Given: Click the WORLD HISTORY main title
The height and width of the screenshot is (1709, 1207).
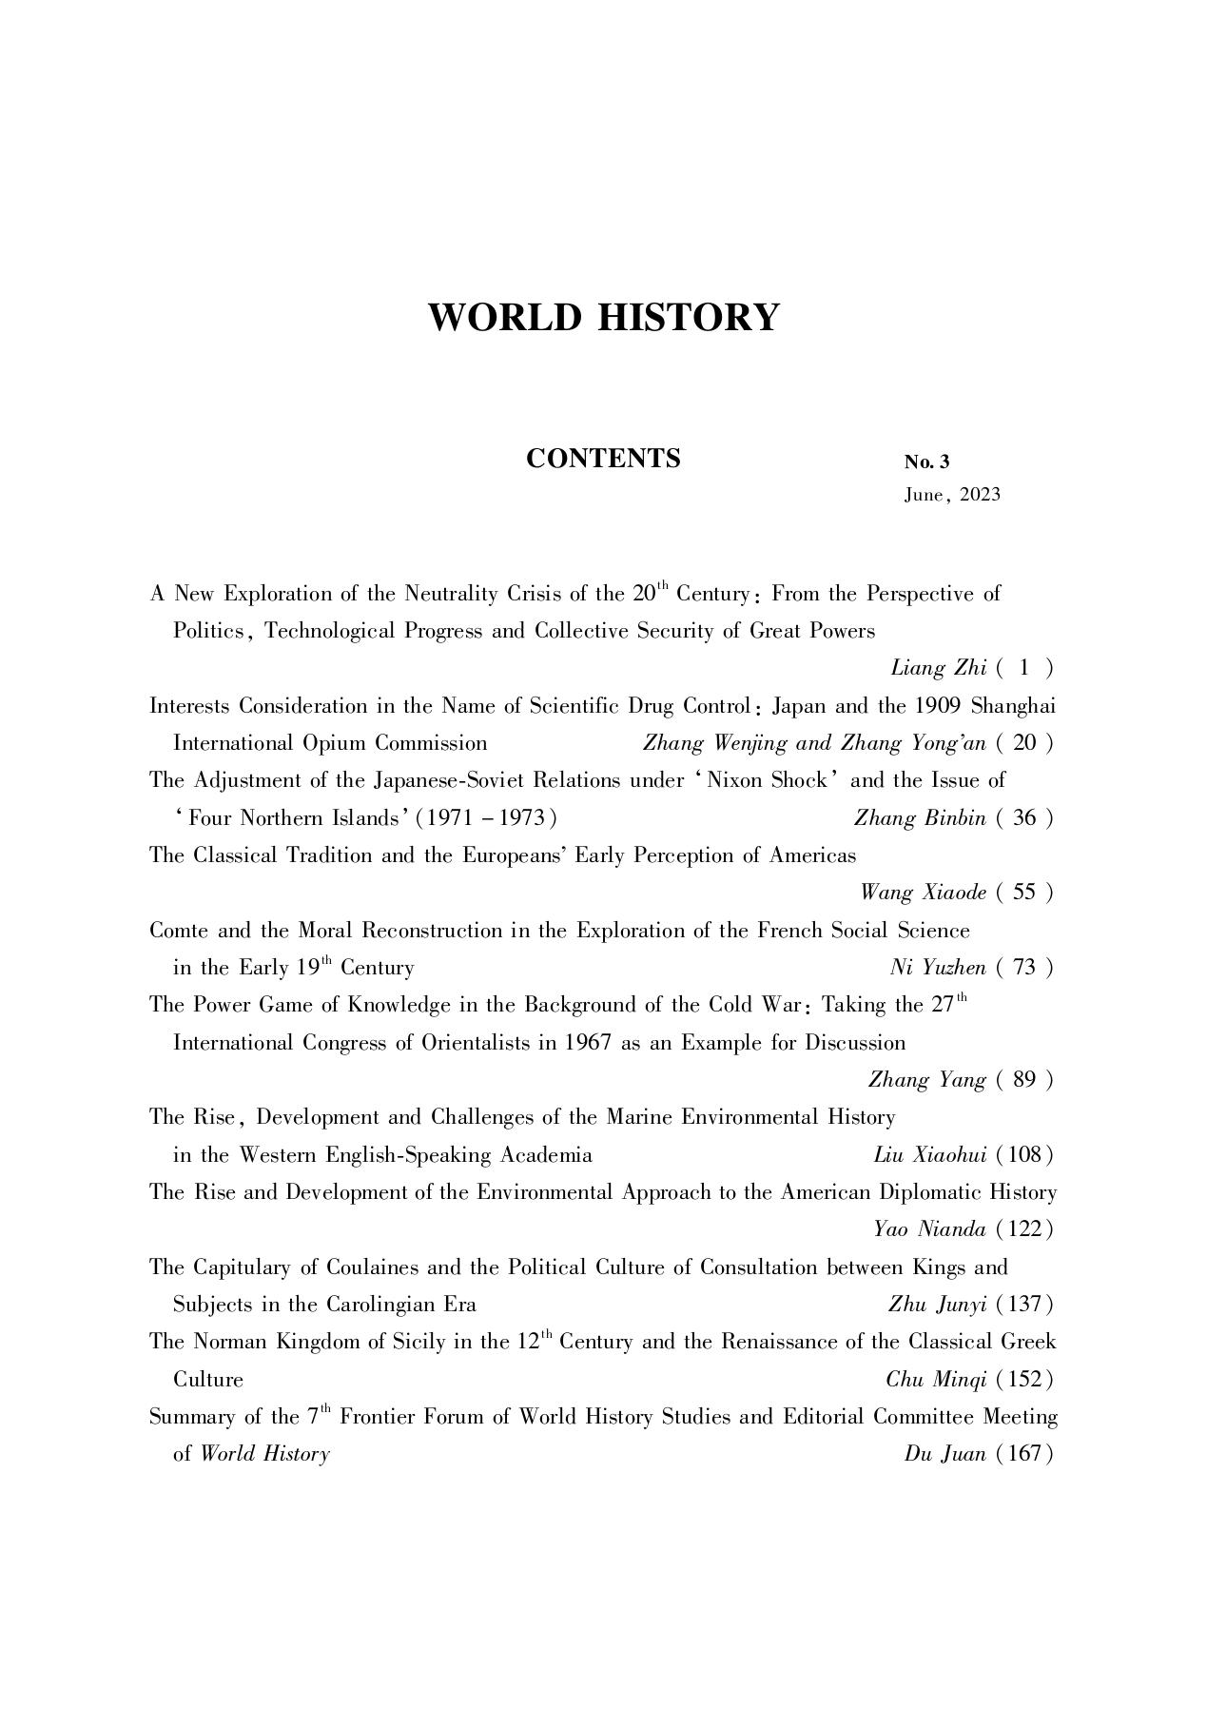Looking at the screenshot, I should [603, 317].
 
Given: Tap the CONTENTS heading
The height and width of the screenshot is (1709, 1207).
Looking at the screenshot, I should [603, 459].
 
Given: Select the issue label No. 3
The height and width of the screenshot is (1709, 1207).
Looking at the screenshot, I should [926, 462].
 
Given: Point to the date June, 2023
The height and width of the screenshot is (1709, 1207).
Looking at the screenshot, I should [951, 495].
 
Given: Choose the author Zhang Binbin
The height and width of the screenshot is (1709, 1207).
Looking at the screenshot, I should [920, 818].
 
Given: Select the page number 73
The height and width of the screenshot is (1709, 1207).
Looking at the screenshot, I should [1024, 968].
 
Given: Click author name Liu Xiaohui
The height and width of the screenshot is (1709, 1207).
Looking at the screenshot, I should [929, 1155].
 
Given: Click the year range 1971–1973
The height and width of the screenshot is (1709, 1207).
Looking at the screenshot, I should [486, 818].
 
